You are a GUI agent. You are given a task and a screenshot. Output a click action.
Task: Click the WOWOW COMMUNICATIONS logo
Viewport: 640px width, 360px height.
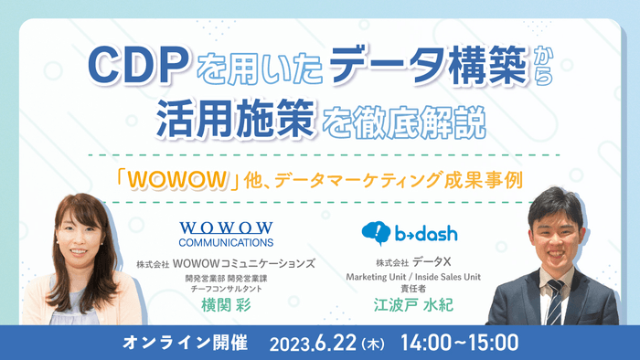(x=225, y=234)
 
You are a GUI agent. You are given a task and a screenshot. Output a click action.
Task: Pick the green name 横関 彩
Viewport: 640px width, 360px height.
(x=225, y=305)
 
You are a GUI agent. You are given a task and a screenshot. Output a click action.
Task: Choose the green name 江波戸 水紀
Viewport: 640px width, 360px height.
(x=417, y=305)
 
